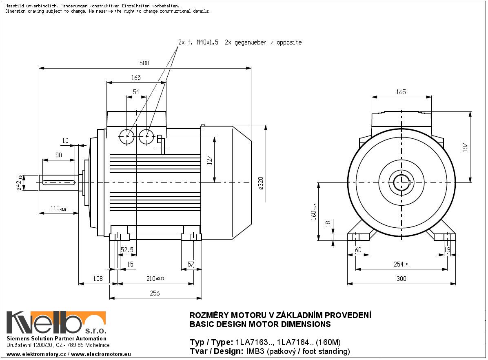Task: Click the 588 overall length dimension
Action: pyautogui.click(x=144, y=63)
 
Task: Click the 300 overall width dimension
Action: pyautogui.click(x=401, y=279)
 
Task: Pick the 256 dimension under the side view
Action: pyautogui.click(x=155, y=293)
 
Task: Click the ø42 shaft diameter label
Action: pyautogui.click(x=19, y=183)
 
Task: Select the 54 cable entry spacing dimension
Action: pyautogui.click(x=136, y=92)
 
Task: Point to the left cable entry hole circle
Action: pyautogui.click(x=127, y=137)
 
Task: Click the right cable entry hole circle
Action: pyautogui.click(x=146, y=137)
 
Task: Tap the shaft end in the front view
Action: pyautogui.click(x=402, y=181)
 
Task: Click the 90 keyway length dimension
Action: pyautogui.click(x=58, y=156)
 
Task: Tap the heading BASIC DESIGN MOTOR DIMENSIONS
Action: pyautogui.click(x=260, y=324)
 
